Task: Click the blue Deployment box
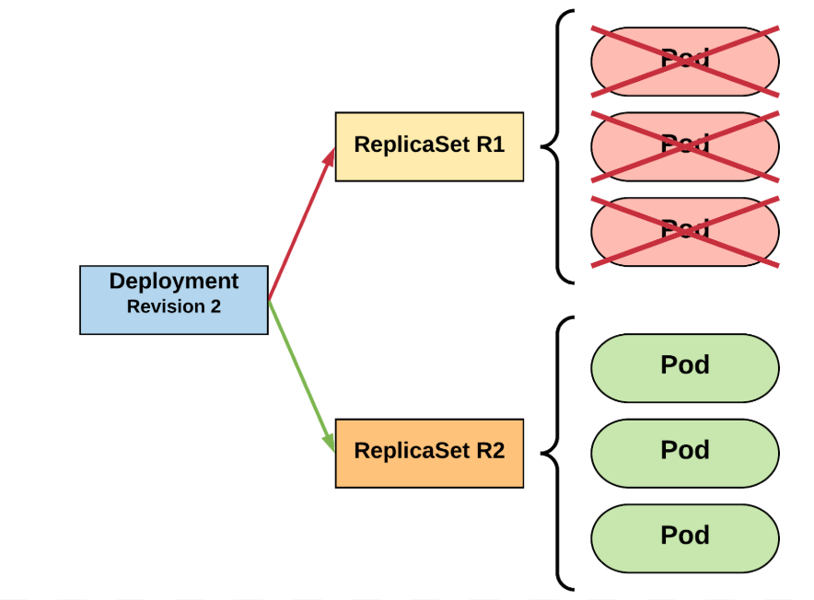[x=173, y=299]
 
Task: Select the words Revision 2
[x=174, y=307]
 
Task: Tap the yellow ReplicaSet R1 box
[x=429, y=146]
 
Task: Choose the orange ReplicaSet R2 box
[x=429, y=453]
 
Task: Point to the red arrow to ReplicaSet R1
[x=299, y=226]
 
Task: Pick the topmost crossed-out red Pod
[x=684, y=62]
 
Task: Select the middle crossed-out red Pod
[x=684, y=147]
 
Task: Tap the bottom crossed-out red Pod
[x=684, y=232]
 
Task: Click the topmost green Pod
[x=684, y=367]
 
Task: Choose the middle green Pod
[x=684, y=452]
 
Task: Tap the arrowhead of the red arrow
[x=330, y=156]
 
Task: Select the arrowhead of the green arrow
[x=330, y=443]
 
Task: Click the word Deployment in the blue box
[x=174, y=282]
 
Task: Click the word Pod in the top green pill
[x=685, y=365]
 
